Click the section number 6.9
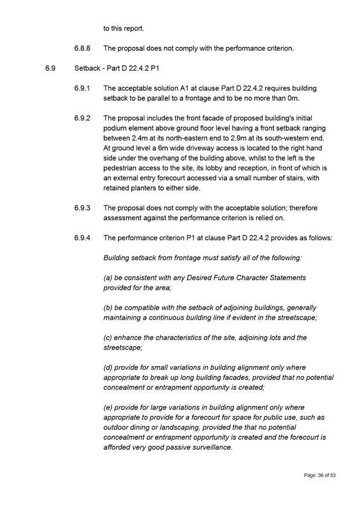(x=50, y=68)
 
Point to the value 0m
(x=306, y=98)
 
